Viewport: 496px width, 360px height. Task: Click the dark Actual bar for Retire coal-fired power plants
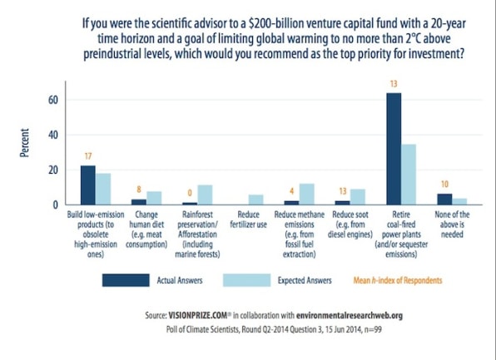click(394, 149)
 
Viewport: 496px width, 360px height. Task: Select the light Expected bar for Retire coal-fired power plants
click(409, 175)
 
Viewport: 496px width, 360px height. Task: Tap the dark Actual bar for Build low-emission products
click(88, 185)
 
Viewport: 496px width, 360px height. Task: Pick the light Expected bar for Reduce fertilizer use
click(256, 200)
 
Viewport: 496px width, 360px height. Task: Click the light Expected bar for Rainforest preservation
click(205, 195)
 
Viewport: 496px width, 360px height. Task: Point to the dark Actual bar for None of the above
click(444, 200)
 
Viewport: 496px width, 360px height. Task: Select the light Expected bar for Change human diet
click(154, 198)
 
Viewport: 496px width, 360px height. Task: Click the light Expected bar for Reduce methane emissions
click(307, 195)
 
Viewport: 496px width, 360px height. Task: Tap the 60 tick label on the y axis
click(53, 101)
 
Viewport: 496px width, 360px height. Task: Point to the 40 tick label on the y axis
click(53, 136)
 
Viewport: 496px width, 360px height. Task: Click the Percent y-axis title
click(24, 143)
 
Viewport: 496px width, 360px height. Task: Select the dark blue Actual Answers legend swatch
click(126, 280)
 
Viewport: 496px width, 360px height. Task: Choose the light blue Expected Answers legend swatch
click(246, 280)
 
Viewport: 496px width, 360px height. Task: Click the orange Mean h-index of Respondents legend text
click(398, 280)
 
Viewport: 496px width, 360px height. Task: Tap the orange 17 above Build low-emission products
click(88, 156)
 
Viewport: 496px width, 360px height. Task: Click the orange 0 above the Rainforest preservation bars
click(190, 193)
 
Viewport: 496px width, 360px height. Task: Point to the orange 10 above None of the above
click(444, 185)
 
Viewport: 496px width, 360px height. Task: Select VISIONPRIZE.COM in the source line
click(198, 315)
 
